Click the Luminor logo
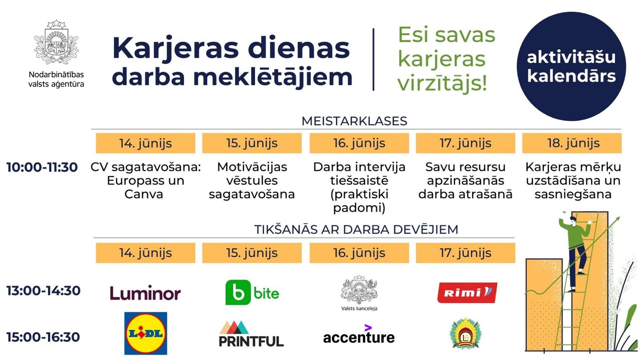pyautogui.click(x=145, y=293)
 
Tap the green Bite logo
pyautogui.click(x=252, y=292)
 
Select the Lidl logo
pyautogui.click(x=145, y=333)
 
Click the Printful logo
pyautogui.click(x=251, y=334)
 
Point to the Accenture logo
pyautogui.click(x=359, y=336)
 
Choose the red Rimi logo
pyautogui.click(x=467, y=292)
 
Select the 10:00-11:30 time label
pyautogui.click(x=42, y=168)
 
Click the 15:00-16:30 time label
pyautogui.click(x=43, y=337)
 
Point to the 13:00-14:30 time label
pyautogui.click(x=43, y=291)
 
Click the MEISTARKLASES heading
pyautogui.click(x=354, y=121)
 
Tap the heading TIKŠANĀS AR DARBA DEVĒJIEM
pyautogui.click(x=356, y=229)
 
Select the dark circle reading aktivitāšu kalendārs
pyautogui.click(x=571, y=67)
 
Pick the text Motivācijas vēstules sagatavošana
pyautogui.click(x=252, y=181)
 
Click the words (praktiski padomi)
pyautogui.click(x=359, y=201)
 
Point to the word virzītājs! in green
pyautogui.click(x=442, y=83)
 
